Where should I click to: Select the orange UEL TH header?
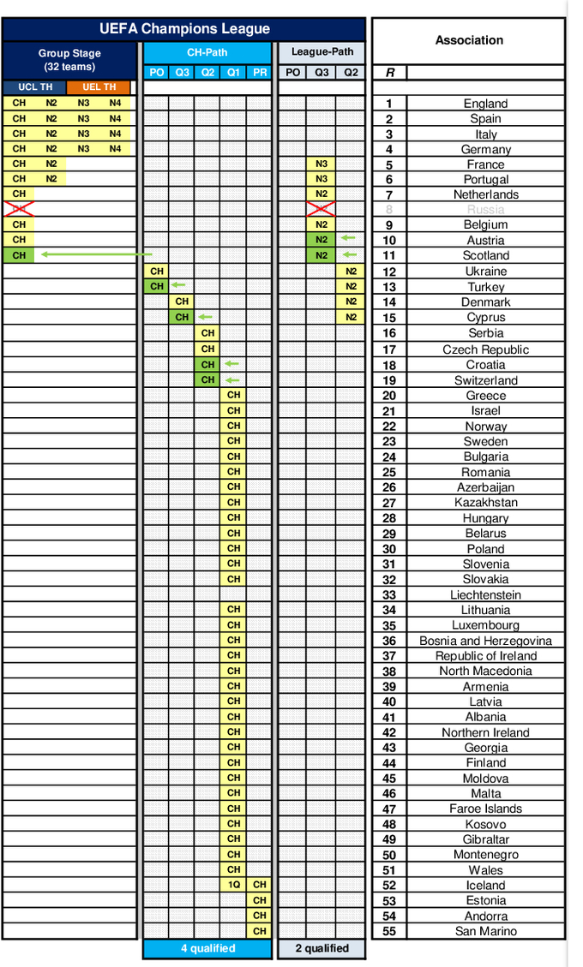(x=99, y=87)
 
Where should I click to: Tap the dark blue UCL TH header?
(x=35, y=87)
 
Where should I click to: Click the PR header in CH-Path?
(x=260, y=73)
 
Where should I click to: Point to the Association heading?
(x=469, y=40)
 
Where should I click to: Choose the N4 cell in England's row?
(x=115, y=103)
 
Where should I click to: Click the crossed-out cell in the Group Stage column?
(x=19, y=210)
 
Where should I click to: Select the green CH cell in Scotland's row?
(x=19, y=255)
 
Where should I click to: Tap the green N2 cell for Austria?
(x=322, y=240)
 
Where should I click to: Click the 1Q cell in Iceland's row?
(x=233, y=885)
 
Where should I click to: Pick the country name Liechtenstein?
(x=486, y=594)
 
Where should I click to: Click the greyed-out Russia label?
(x=486, y=210)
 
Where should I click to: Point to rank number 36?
(x=389, y=641)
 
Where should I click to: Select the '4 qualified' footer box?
(x=207, y=948)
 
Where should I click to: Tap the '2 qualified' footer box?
(x=322, y=948)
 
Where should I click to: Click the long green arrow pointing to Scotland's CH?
(x=94, y=255)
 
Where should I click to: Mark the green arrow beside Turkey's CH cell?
(x=178, y=286)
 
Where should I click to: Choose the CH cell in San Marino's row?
(x=260, y=931)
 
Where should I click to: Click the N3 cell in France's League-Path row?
(x=322, y=164)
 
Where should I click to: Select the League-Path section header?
(x=322, y=52)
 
